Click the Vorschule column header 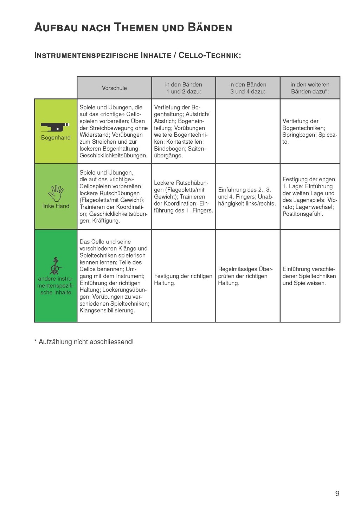click(x=114, y=88)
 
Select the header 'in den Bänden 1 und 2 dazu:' click(x=184, y=88)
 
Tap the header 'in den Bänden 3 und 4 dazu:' click(x=248, y=88)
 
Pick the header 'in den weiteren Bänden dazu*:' click(x=310, y=88)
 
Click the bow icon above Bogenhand click(x=55, y=127)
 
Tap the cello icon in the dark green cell click(x=55, y=266)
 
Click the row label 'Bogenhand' click(x=56, y=138)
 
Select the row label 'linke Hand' click(x=56, y=206)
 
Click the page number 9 click(x=337, y=494)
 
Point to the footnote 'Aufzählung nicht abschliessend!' click(x=86, y=342)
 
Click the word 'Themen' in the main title click(x=137, y=27)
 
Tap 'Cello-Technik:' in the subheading click(x=210, y=56)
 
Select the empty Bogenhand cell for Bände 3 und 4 click(x=248, y=131)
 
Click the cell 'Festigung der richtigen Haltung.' click(x=183, y=280)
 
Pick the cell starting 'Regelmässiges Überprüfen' click(x=245, y=276)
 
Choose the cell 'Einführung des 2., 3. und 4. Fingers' click(x=247, y=197)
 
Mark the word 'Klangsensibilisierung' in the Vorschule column click(x=107, y=311)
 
